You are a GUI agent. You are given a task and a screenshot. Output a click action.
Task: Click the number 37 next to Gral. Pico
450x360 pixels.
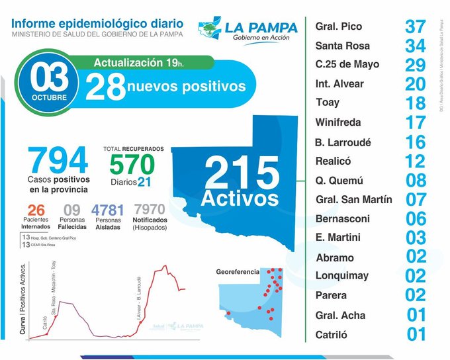(416, 27)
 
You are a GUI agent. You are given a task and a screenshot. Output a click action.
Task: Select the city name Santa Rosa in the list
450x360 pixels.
(342, 46)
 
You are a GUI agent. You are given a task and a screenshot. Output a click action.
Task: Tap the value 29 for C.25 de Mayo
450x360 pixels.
(416, 66)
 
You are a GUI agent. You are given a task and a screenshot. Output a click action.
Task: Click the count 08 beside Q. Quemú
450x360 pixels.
(416, 180)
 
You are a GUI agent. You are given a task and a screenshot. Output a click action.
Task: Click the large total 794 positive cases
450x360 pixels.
(58, 161)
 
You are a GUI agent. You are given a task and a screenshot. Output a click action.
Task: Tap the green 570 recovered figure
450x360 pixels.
(132, 164)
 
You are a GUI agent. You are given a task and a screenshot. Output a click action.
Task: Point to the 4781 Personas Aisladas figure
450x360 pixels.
(107, 210)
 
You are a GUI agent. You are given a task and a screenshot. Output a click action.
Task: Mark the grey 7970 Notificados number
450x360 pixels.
(149, 210)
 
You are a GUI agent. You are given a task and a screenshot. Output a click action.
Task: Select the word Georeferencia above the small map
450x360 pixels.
(238, 272)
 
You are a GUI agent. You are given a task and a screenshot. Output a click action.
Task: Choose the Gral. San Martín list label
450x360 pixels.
(353, 199)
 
